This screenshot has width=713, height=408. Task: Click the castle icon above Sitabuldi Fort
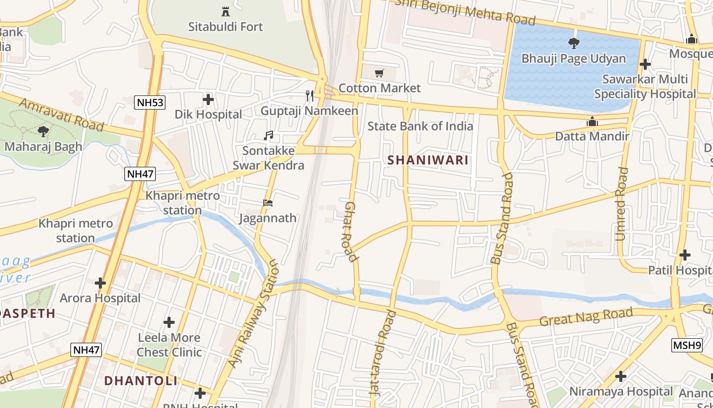(x=225, y=11)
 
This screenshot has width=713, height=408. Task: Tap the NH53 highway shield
(x=150, y=103)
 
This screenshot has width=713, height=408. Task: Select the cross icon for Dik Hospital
(x=208, y=99)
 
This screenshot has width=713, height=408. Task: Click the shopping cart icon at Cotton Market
(x=379, y=73)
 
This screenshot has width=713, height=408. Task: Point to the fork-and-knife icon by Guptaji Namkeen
(x=309, y=96)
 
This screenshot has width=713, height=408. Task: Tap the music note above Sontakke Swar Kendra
(x=268, y=136)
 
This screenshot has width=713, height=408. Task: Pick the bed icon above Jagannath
(x=268, y=203)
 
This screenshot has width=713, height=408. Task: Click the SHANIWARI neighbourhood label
(x=428, y=160)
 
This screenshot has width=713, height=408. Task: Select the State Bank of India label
(x=420, y=126)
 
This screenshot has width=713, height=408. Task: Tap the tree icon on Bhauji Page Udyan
(x=573, y=43)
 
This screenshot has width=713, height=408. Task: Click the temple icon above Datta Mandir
(x=592, y=121)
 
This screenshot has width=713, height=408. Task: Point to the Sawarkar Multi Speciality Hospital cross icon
(x=645, y=64)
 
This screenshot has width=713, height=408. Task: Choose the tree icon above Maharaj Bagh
(x=43, y=132)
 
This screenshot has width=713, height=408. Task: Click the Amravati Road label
(x=61, y=114)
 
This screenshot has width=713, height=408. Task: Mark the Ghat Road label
(x=349, y=231)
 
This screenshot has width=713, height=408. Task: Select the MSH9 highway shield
(x=687, y=345)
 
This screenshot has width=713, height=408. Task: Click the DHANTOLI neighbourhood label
(x=141, y=380)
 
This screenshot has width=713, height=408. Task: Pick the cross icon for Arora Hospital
(x=100, y=283)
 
